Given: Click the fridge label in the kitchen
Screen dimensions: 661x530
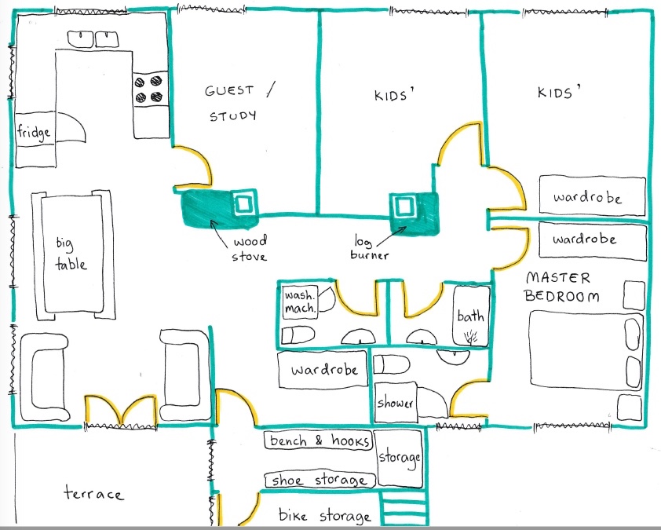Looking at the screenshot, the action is point(34,133).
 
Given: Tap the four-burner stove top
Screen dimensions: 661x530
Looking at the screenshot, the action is point(149,89).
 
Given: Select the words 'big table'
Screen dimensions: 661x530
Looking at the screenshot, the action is point(71,254).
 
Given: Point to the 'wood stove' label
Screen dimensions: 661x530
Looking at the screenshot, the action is point(249,249).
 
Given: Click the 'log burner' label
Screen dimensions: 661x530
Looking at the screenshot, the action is point(369,249).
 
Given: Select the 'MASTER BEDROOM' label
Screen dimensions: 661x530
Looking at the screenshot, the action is point(562,287).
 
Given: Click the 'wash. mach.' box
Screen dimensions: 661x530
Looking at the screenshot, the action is point(300,302).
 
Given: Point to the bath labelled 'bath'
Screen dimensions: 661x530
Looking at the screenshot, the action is point(471,316).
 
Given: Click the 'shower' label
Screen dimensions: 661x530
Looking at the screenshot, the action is point(394,403).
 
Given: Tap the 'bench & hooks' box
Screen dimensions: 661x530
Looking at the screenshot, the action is point(319,440).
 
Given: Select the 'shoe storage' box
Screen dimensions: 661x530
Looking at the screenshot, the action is point(320,480).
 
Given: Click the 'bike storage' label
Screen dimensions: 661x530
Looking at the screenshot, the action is point(324,516).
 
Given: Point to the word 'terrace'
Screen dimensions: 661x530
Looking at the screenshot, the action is point(94,493).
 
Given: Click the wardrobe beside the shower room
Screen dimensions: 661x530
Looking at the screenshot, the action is point(323,369).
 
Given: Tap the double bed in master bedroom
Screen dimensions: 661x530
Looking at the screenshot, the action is point(586,349).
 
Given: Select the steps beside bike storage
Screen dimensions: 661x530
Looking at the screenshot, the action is point(404,508).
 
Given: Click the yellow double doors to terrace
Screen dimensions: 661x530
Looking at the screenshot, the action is point(121,410).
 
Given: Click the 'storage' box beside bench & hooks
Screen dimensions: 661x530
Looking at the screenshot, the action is point(399,459).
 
